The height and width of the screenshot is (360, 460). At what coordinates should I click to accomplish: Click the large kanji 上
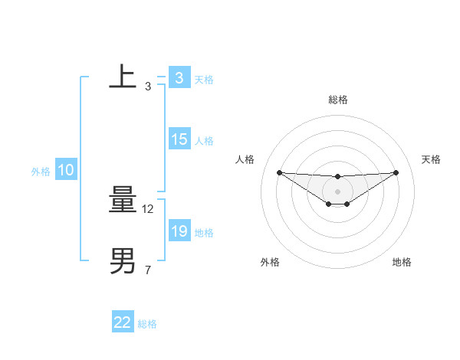[x=123, y=77]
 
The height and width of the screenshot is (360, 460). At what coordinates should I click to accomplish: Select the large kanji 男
[x=123, y=260]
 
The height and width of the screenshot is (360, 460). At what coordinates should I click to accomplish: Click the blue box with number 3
[x=179, y=78]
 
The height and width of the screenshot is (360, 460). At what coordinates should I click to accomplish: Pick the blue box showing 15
[x=179, y=139]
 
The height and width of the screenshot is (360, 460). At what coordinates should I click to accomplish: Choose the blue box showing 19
[x=179, y=231]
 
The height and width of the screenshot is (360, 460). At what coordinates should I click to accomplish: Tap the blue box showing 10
[x=66, y=170]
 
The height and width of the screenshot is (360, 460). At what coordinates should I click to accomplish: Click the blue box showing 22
[x=123, y=322]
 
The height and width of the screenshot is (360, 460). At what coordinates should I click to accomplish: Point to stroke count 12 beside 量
[x=149, y=208]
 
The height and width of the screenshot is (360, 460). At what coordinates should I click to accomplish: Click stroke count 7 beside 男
[x=147, y=270]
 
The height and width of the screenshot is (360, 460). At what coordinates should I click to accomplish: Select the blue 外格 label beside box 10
[x=41, y=172]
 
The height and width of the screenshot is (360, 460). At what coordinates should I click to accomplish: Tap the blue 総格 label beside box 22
[x=147, y=324]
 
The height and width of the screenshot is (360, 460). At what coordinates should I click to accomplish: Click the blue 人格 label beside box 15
[x=204, y=141]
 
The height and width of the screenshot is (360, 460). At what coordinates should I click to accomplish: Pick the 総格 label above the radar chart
[x=337, y=100]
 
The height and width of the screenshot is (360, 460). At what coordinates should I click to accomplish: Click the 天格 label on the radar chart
[x=432, y=159]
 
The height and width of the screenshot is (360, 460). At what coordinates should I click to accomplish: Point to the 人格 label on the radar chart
[x=245, y=159]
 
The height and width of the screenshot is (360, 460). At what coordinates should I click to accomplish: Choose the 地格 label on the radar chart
[x=402, y=262]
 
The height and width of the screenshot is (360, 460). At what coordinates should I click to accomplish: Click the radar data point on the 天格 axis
[x=396, y=172]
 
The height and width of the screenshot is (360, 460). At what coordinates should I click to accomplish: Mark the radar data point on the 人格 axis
[x=279, y=172]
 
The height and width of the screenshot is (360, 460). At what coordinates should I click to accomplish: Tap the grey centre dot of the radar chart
[x=337, y=191]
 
